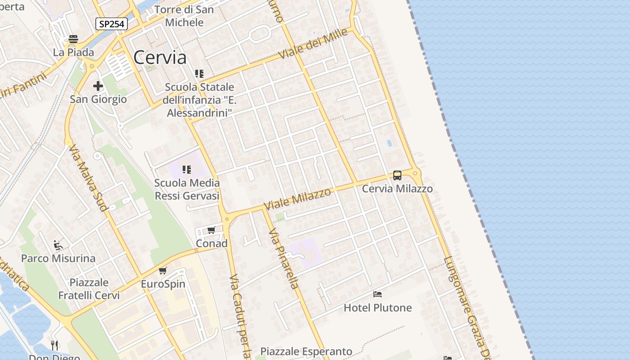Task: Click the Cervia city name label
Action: pyautogui.click(x=160, y=58)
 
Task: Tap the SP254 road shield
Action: pyautogui.click(x=111, y=24)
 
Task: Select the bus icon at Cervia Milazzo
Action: pyautogui.click(x=397, y=175)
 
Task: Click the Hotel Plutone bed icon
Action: pyautogui.click(x=378, y=294)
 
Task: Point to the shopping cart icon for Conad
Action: pyautogui.click(x=211, y=230)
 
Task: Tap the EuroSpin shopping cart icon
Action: pyautogui.click(x=163, y=270)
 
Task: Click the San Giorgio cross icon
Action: pyautogui.click(x=98, y=86)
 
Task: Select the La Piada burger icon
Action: pyautogui.click(x=73, y=39)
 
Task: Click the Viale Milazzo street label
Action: pyautogui.click(x=297, y=199)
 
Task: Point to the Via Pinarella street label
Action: pyautogui.click(x=283, y=258)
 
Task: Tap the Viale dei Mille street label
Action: pyautogui.click(x=313, y=43)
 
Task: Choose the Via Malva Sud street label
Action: pyautogui.click(x=88, y=178)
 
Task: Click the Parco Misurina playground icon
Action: pyautogui.click(x=58, y=245)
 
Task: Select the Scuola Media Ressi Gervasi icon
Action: pyautogui.click(x=187, y=170)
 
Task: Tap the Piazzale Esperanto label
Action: pyautogui.click(x=306, y=351)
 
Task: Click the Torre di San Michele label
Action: pyautogui.click(x=184, y=16)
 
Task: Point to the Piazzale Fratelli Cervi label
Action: pyautogui.click(x=89, y=289)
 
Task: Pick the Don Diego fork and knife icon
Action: pyautogui.click(x=54, y=345)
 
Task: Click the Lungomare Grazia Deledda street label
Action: pyautogui.click(x=465, y=306)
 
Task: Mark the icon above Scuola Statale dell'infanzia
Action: pyautogui.click(x=199, y=73)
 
